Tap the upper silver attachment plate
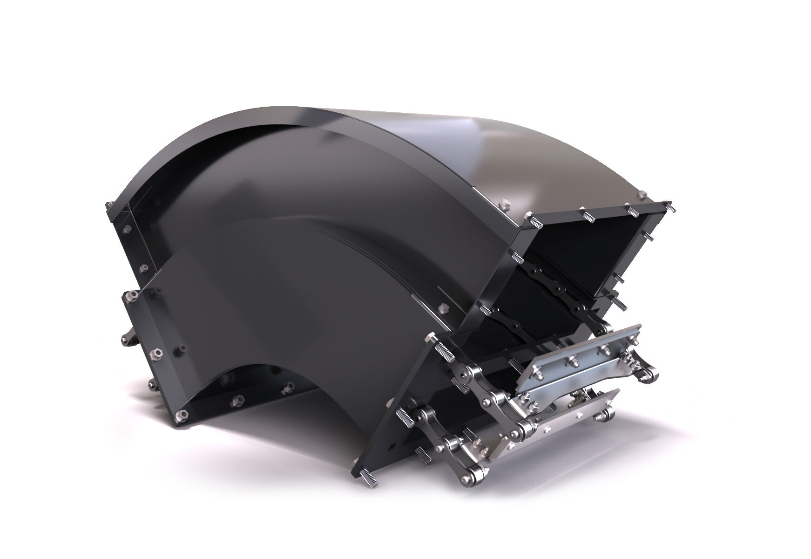[580, 361]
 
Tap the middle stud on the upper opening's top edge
[589, 215]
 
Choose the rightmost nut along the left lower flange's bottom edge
[290, 386]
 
